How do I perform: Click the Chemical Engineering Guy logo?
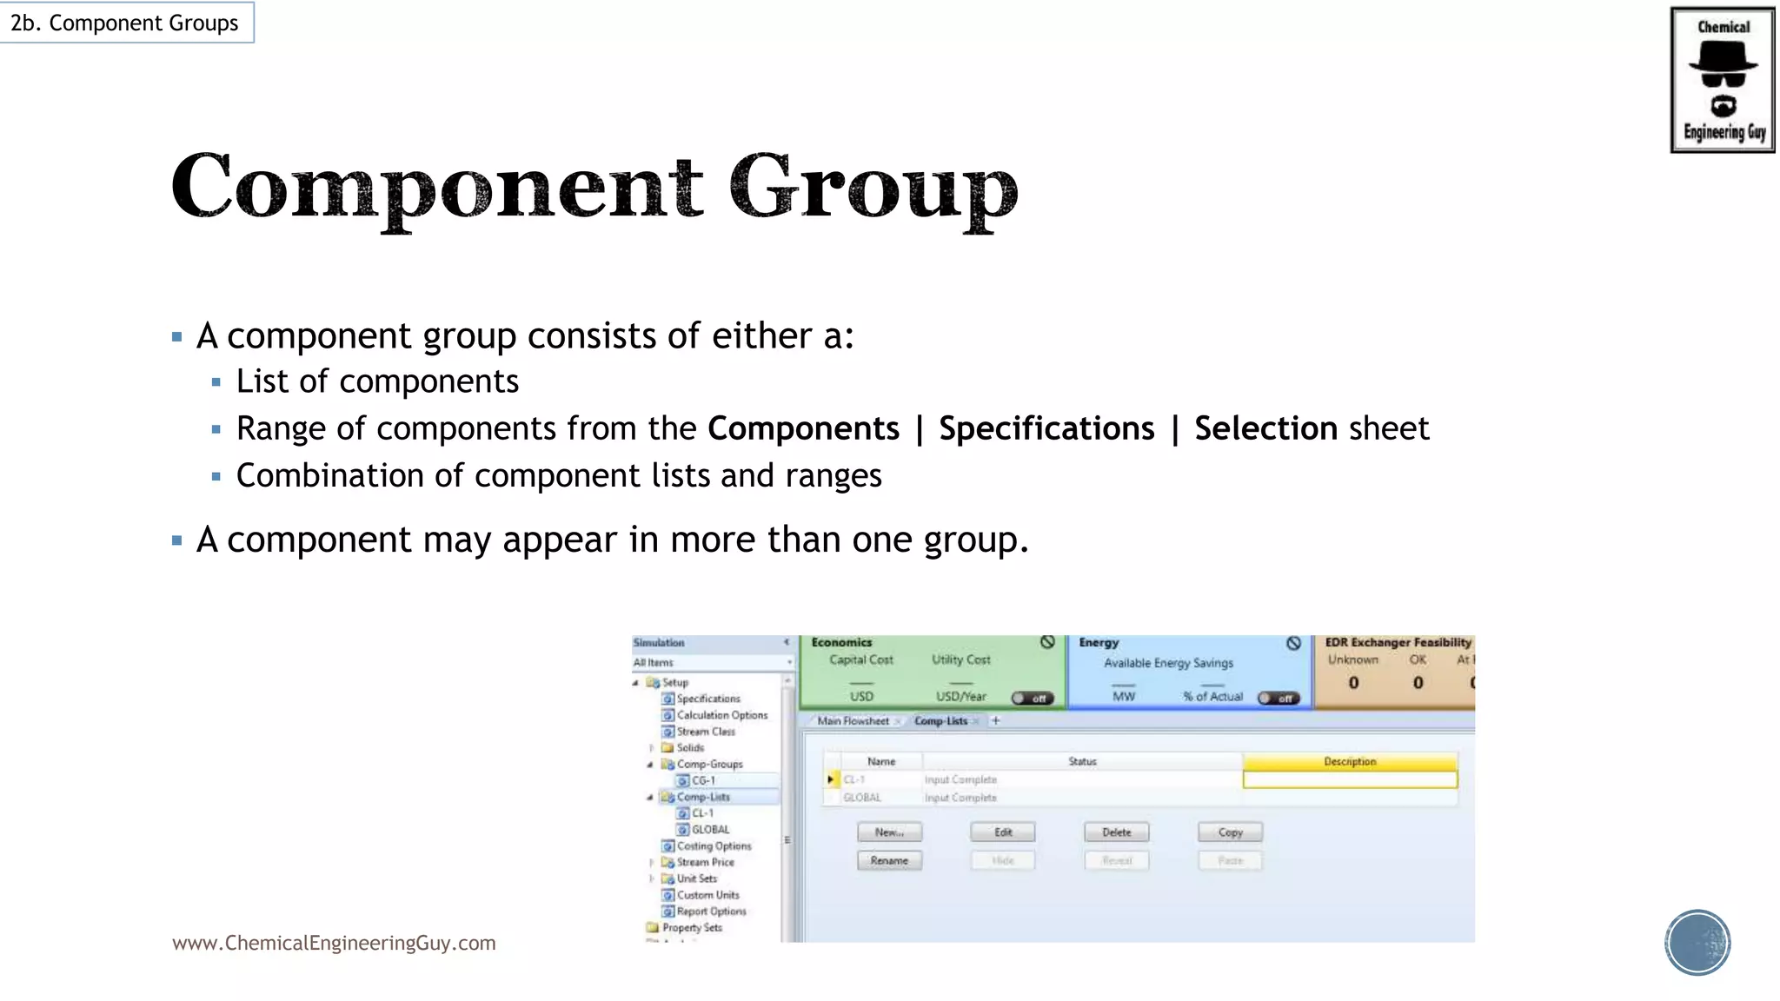pos(1722,80)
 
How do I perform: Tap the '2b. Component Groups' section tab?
pos(124,23)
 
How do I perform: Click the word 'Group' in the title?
pos(873,188)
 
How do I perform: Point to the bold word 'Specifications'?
pos(1046,428)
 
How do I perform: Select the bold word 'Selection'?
pos(1265,428)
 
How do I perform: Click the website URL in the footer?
pos(334,943)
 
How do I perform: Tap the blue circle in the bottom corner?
pos(1697,943)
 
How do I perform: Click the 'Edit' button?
pos(1003,832)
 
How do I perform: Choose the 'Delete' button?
pos(1117,832)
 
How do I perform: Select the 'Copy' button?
pos(1230,832)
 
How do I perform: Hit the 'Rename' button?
pos(889,860)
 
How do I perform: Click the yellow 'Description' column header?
pos(1350,761)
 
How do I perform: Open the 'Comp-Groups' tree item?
pos(709,765)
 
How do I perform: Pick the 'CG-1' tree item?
pos(703,780)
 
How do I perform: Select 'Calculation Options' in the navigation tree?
pos(721,715)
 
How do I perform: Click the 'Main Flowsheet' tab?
pos(853,721)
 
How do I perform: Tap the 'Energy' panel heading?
pos(1099,643)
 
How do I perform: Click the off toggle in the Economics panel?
pos(1033,699)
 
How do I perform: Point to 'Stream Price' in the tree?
pos(705,862)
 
